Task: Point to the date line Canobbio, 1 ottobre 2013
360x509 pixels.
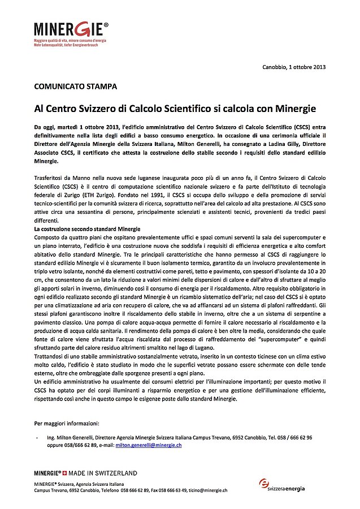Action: pos(294,67)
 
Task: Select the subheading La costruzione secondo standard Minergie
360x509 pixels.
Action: pos(87,228)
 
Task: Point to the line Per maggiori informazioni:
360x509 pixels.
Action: pos(67,422)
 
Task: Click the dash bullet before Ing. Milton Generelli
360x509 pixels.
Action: pos(37,437)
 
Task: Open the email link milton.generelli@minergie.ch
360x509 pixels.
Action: pos(149,445)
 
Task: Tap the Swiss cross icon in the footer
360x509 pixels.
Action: pos(64,473)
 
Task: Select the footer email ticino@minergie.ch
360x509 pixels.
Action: pos(208,490)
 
